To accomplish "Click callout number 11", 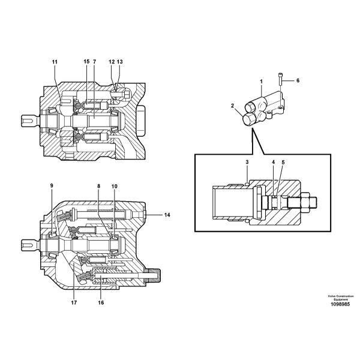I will point(55,62).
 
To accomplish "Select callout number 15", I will point(86,62).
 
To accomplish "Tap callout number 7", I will point(94,62).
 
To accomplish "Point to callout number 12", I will point(111,62).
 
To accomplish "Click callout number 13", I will point(119,62).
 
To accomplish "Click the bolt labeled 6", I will point(281,79).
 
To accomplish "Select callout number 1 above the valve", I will point(261,80).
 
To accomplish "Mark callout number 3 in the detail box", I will point(247,163).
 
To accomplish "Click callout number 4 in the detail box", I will point(273,163).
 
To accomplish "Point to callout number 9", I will point(52,185).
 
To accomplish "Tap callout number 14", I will point(168,214).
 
